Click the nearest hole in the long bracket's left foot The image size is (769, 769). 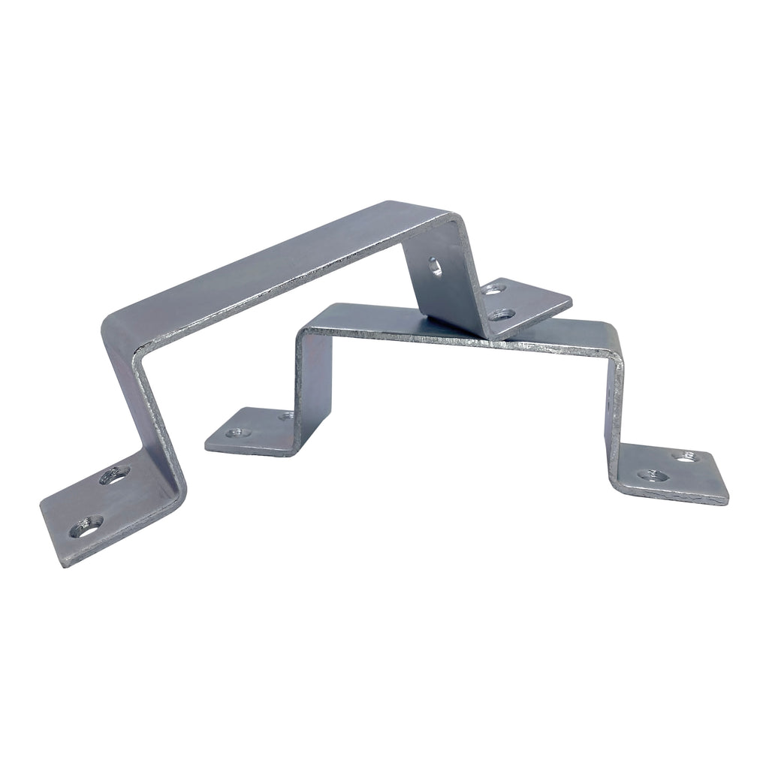point(86,528)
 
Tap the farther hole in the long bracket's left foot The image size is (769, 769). point(115,475)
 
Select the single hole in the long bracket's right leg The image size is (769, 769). point(433,265)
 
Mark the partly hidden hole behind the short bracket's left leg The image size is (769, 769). point(286,415)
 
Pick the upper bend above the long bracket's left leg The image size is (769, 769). point(120,330)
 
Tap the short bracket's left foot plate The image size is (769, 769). point(248,432)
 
